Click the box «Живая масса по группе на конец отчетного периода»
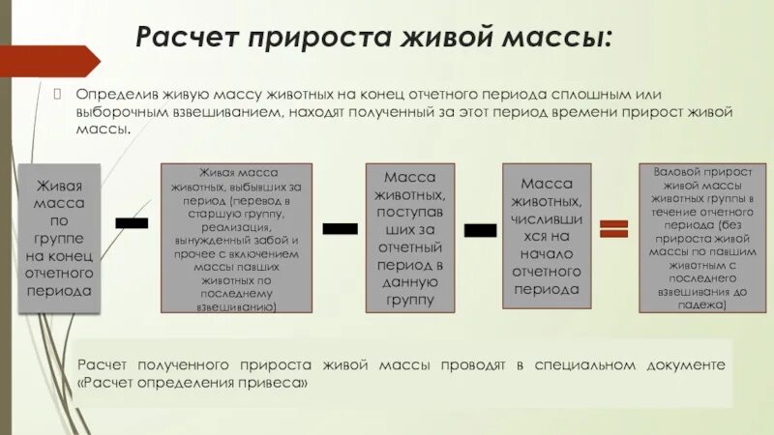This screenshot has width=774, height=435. pyautogui.click(x=59, y=238)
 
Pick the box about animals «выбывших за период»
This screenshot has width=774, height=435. pyautogui.click(x=237, y=238)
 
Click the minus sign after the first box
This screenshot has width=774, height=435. pyautogui.click(x=132, y=223)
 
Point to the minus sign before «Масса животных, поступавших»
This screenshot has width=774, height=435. pyautogui.click(x=340, y=229)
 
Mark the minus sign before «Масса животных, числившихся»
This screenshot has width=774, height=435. pyautogui.click(x=480, y=230)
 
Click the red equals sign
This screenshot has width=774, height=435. pyautogui.click(x=613, y=228)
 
